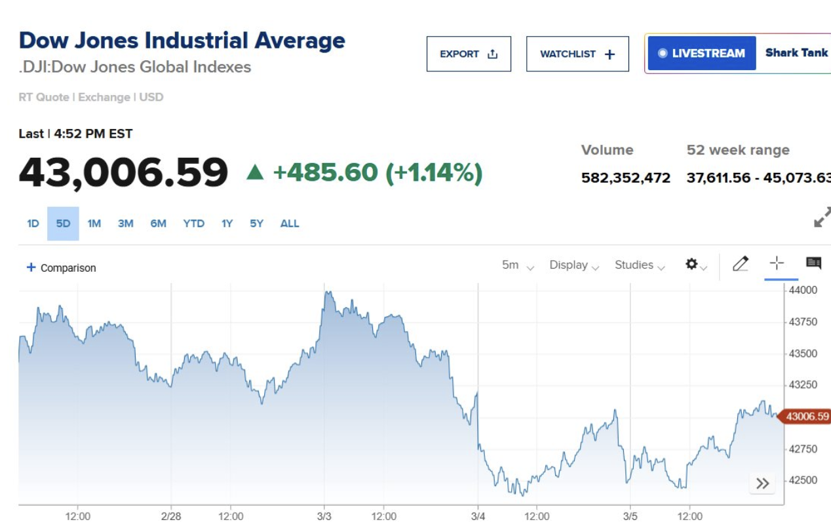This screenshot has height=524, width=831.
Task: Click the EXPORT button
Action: (x=469, y=54)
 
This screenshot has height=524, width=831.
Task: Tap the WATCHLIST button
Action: (x=577, y=54)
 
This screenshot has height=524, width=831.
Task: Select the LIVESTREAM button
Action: (x=702, y=54)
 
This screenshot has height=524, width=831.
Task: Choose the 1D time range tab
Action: (x=33, y=223)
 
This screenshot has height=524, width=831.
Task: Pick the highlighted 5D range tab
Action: (x=63, y=223)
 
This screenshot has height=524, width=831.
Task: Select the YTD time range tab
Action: (x=193, y=223)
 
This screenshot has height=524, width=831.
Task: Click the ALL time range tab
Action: (x=289, y=223)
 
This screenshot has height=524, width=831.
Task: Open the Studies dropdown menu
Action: (x=640, y=265)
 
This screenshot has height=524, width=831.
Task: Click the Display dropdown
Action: (x=574, y=265)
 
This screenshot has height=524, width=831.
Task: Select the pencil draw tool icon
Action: (x=741, y=263)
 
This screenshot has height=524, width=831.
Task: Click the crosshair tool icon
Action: (x=777, y=263)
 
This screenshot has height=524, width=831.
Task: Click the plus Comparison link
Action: (x=61, y=268)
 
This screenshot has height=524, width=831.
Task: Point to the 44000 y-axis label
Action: (x=803, y=290)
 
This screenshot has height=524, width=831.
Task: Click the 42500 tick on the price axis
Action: (x=803, y=480)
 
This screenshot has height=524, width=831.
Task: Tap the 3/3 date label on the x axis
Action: (x=324, y=516)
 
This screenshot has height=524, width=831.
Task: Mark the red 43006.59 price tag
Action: (x=805, y=417)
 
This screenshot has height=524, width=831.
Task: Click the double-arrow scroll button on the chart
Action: (x=762, y=483)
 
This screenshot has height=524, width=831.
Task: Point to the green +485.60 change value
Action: (x=325, y=172)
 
